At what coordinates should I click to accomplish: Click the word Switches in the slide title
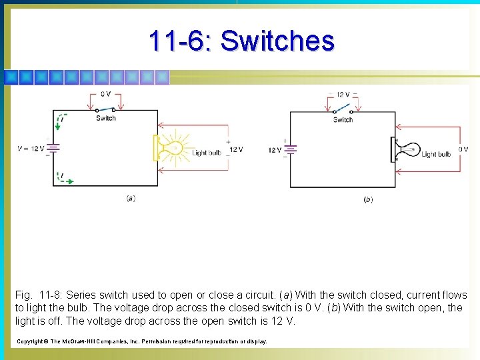[x=277, y=41]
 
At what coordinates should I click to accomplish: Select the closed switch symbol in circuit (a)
[x=105, y=109]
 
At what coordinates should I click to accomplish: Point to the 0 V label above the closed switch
[x=105, y=94]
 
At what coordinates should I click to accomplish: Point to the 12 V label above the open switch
[x=343, y=95]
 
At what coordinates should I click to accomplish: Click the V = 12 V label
[x=31, y=149]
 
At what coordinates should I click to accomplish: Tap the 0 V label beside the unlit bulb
[x=463, y=149]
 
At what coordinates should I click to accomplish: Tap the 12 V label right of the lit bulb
[x=235, y=149]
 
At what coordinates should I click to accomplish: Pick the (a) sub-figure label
[x=131, y=198]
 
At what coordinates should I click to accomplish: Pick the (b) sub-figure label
[x=368, y=199]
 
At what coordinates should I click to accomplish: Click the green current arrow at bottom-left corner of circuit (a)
[x=65, y=179]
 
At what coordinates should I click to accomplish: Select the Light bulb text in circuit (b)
[x=437, y=154]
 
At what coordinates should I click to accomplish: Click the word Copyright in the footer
[x=30, y=341]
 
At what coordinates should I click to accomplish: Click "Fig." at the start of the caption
[x=23, y=295]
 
